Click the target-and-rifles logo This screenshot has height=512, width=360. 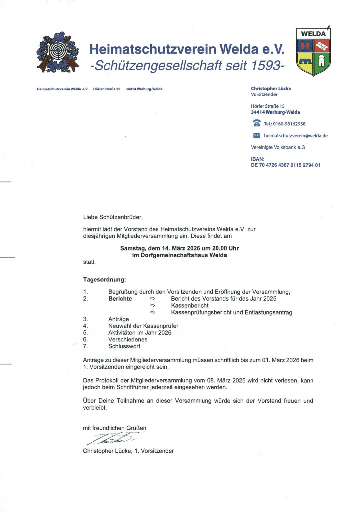pos(58,52)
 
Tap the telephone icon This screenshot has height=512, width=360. pos(257,123)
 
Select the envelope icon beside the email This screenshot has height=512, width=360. pos(257,136)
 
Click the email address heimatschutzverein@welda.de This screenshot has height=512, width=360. pos(296,136)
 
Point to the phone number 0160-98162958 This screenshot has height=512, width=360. pos(289,124)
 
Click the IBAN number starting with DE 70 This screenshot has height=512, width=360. pos(285,165)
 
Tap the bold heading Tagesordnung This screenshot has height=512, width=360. pos(104,279)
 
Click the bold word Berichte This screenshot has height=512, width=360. pos(120,299)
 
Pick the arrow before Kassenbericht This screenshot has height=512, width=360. pos(153,305)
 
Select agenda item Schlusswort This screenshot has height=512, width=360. pos(124,346)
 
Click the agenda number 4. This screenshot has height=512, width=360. pos(85,326)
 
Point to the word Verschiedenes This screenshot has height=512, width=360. pos(128,339)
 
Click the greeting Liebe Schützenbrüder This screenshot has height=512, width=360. pos(113,217)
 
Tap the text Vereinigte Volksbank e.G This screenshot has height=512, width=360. pos(278,147)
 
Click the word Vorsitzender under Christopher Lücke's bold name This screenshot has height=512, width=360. pos(264,94)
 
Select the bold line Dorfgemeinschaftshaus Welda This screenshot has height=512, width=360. pos(179,255)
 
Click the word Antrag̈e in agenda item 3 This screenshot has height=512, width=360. pos(118,319)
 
